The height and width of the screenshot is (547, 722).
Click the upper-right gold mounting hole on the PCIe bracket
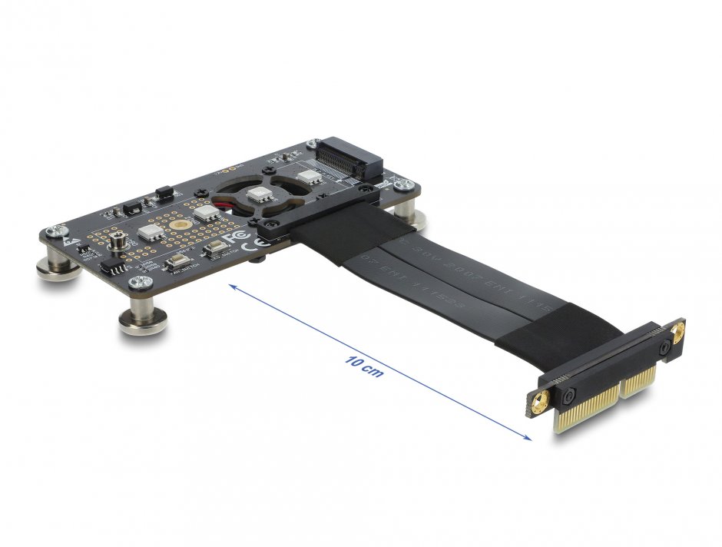click(677, 333)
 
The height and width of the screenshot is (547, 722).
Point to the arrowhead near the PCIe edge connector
click(527, 437)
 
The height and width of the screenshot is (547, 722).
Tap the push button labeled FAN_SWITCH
click(177, 262)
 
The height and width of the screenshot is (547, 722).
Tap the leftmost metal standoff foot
click(58, 268)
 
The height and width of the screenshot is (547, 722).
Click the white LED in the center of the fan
click(260, 195)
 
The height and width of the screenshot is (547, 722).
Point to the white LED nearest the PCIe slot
click(310, 176)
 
